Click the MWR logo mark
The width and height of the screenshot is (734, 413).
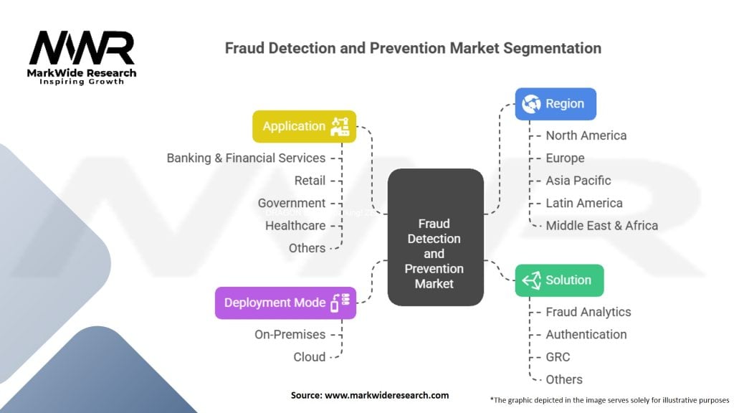[81, 48]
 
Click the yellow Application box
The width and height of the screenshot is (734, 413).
[304, 126]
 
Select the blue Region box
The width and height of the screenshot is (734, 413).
[556, 104]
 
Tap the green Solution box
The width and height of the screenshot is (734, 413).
[559, 280]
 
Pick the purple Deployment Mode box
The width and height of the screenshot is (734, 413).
[285, 303]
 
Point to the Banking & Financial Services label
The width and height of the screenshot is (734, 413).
[246, 158]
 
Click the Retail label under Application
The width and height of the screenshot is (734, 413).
[310, 181]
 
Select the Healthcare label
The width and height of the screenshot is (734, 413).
[295, 225]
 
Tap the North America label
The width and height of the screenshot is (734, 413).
[586, 136]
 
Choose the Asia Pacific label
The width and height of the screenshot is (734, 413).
[578, 181]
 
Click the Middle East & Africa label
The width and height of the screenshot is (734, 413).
[601, 225]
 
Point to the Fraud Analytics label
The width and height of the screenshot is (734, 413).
[588, 312]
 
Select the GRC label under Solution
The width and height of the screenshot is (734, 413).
[558, 356]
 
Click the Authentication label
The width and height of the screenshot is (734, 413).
[586, 334]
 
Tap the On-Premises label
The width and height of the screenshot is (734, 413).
[290, 334]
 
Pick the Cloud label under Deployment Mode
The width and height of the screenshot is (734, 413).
[309, 356]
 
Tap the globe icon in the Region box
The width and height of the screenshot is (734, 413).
[531, 104]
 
